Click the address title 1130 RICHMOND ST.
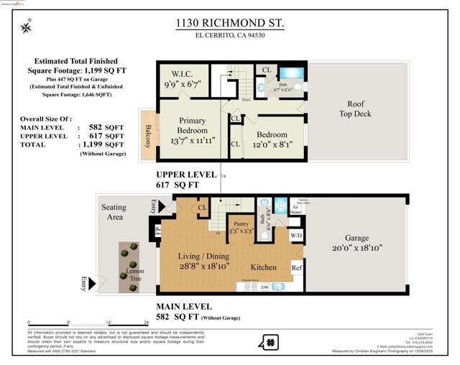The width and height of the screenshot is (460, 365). [x=230, y=24]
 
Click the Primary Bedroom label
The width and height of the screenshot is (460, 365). [x=192, y=126]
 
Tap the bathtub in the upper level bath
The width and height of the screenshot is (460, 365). [x=292, y=73]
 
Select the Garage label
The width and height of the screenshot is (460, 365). [x=356, y=238]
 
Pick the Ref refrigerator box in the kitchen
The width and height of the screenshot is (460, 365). [x=297, y=267]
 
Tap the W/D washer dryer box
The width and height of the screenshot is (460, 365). [x=296, y=235]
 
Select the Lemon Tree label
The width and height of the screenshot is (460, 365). [x=135, y=276]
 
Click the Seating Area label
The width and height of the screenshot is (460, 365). [x=114, y=212]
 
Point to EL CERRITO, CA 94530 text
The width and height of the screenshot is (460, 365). [x=230, y=40]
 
